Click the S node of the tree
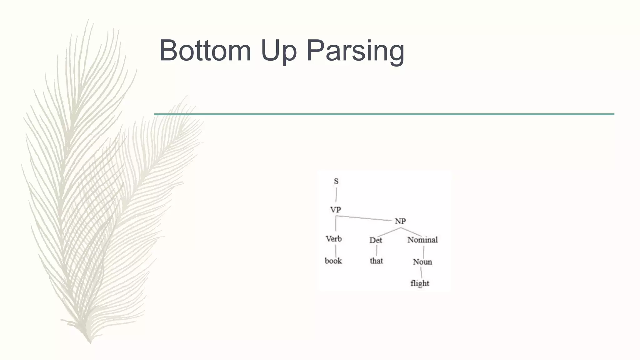click(336, 181)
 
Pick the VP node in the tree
click(336, 210)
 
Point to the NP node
click(400, 222)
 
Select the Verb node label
click(334, 239)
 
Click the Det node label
click(376, 240)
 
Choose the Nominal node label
click(422, 240)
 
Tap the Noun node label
click(422, 262)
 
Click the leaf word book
click(333, 261)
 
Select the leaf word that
click(376, 261)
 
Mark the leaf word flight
click(420, 283)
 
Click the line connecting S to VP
click(336, 195)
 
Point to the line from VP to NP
click(364, 218)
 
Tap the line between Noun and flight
click(421, 272)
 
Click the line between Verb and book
click(336, 251)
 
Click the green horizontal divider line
click(384, 114)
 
